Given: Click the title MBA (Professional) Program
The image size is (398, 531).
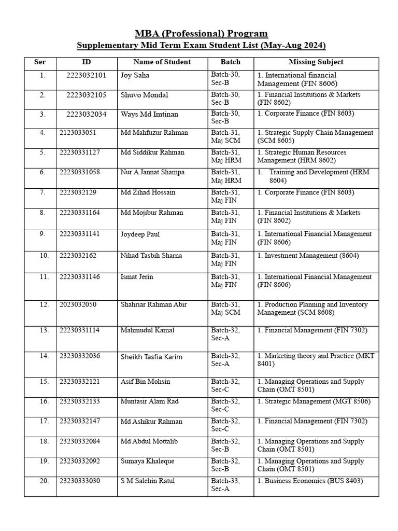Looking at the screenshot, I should [x=201, y=34].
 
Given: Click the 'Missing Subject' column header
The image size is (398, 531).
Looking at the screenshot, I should [x=316, y=62].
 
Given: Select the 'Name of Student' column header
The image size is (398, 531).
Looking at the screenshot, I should [x=162, y=62].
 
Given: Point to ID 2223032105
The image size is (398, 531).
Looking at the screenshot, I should [x=86, y=95].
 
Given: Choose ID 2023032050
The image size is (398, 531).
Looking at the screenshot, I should [x=78, y=304].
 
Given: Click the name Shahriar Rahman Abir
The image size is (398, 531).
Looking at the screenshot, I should [x=153, y=304].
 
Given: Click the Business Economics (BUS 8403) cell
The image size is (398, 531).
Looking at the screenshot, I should [x=310, y=481].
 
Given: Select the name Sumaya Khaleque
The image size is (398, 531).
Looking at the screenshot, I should [x=147, y=461].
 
